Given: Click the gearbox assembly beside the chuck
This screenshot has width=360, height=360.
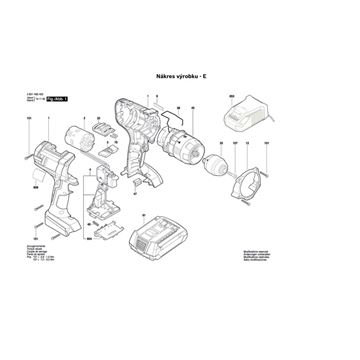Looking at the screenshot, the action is pyautogui.click(x=179, y=149).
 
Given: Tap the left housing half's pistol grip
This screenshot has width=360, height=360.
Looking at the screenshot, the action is pyautogui.click(x=56, y=200).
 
